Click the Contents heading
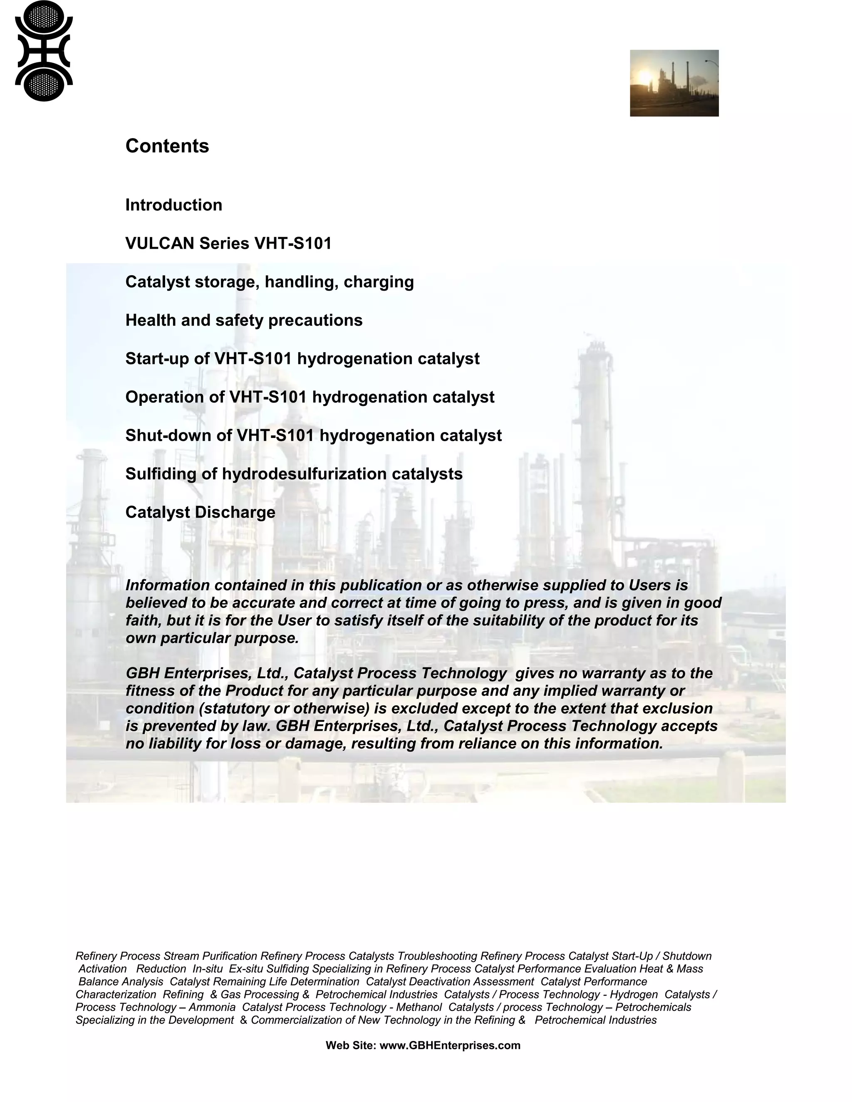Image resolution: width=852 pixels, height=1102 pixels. tap(167, 146)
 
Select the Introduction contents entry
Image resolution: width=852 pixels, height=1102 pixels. tap(173, 205)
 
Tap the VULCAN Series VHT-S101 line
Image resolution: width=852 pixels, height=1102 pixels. tap(228, 243)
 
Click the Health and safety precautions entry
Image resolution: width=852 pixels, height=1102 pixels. tap(244, 320)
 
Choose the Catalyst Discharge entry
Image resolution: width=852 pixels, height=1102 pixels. tap(201, 512)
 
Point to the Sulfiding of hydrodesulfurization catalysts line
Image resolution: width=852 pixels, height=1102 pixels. tap(294, 474)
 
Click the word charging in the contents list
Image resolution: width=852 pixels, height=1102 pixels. tap(379, 282)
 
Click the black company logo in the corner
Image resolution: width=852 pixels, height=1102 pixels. tap(44, 51)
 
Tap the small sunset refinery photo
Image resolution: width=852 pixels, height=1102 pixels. tap(674, 83)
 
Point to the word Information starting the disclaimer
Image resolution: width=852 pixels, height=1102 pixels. tap(167, 586)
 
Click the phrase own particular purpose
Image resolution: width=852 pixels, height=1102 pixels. tap(212, 638)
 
